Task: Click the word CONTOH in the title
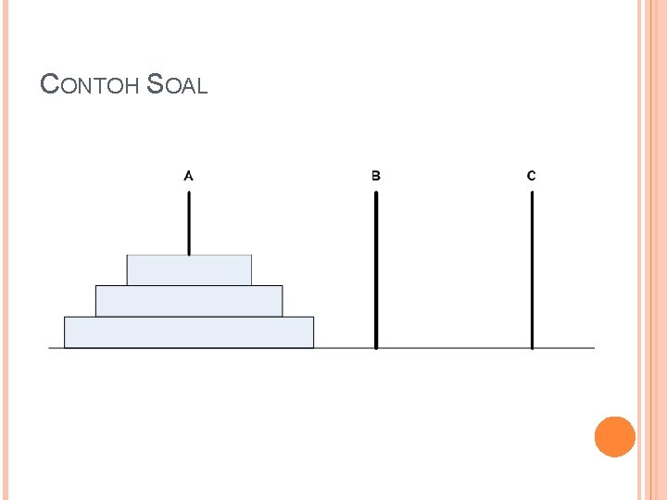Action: tap(91, 85)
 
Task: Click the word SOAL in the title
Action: tap(177, 85)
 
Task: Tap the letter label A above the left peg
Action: tap(189, 174)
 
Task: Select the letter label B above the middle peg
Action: tap(376, 175)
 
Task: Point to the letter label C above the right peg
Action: tap(531, 175)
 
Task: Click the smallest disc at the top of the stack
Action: tap(189, 269)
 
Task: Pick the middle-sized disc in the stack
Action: tap(189, 301)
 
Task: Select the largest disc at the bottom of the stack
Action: tap(189, 332)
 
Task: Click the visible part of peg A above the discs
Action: tap(189, 223)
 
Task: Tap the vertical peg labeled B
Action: tap(376, 269)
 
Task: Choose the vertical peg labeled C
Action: tap(532, 269)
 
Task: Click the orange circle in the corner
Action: tap(614, 436)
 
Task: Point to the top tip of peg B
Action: tap(376, 193)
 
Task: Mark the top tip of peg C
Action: tap(532, 193)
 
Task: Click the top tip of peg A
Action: tap(189, 193)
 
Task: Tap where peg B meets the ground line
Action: tap(376, 347)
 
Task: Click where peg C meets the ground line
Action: tap(532, 347)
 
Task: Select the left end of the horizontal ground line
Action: tap(50, 348)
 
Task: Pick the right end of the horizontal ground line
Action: tap(593, 348)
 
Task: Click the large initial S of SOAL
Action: tap(156, 85)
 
